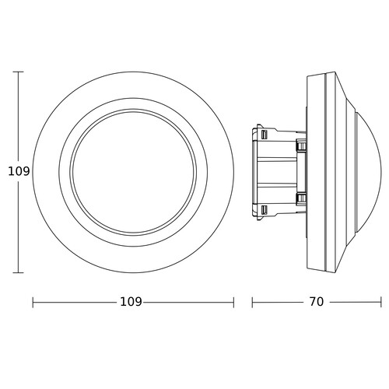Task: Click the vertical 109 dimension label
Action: coord(19,171)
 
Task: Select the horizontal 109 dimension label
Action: coord(131,302)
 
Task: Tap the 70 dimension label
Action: coord(317,302)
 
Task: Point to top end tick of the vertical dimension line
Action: coord(18,72)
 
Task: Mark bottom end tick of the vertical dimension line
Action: coord(18,272)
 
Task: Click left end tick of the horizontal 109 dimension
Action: coord(33,303)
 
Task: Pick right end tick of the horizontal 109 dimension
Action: coord(233,303)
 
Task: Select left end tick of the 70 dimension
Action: coord(252,303)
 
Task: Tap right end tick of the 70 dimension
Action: coord(381,303)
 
